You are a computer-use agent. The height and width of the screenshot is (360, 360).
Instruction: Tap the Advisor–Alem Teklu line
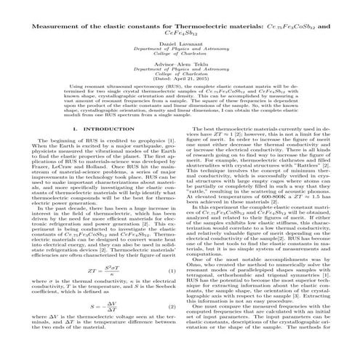pos(180,68)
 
